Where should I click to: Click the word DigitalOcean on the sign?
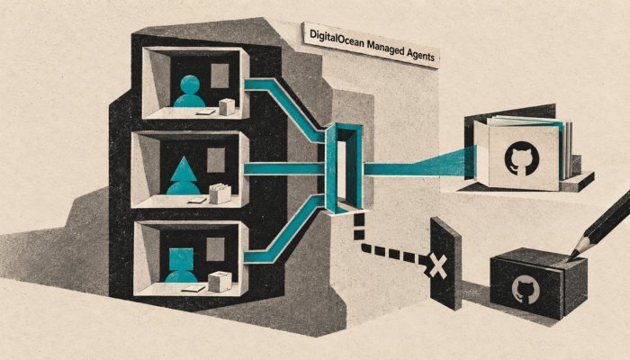coord(334,38)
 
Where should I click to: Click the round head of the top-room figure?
coord(190,85)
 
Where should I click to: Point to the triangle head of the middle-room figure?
coord(184,169)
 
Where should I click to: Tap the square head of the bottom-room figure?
coord(181,259)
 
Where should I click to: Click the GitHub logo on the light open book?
coord(521,158)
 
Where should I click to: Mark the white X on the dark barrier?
coord(437,265)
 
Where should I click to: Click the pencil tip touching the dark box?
coord(570,258)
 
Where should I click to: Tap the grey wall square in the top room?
coord(220,76)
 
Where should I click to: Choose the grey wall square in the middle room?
coord(216,160)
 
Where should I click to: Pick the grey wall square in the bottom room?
coord(215,249)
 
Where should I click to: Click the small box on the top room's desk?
coord(227,107)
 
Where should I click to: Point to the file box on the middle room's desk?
coord(220,193)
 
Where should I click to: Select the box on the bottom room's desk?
coord(220,281)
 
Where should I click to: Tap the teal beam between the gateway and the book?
coord(418,165)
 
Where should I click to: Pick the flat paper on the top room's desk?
coord(206,112)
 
